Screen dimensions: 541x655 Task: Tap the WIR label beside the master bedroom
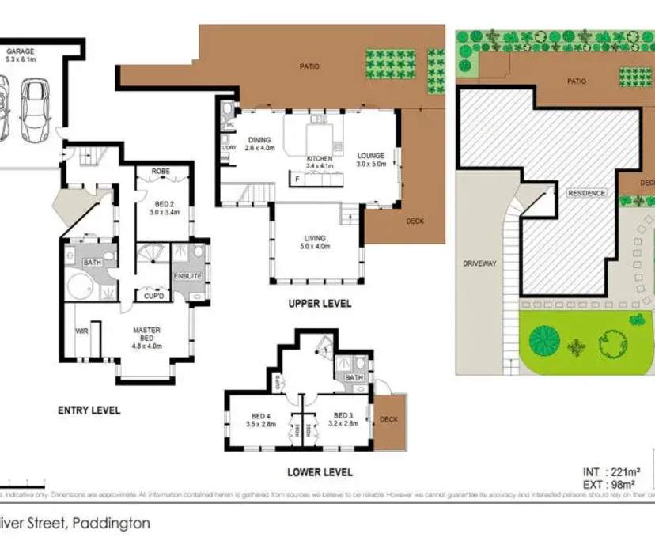tap(80, 331)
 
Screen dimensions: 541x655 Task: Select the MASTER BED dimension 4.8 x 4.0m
tap(147, 346)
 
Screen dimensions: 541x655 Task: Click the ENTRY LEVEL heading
tap(89, 410)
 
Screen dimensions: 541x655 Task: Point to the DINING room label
tap(259, 140)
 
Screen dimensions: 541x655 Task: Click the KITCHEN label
tap(321, 158)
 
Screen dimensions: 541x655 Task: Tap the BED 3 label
tap(343, 415)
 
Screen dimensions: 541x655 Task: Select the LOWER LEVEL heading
tap(320, 472)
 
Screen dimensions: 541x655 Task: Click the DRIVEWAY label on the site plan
tap(479, 263)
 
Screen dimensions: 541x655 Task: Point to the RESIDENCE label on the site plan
tap(586, 193)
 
